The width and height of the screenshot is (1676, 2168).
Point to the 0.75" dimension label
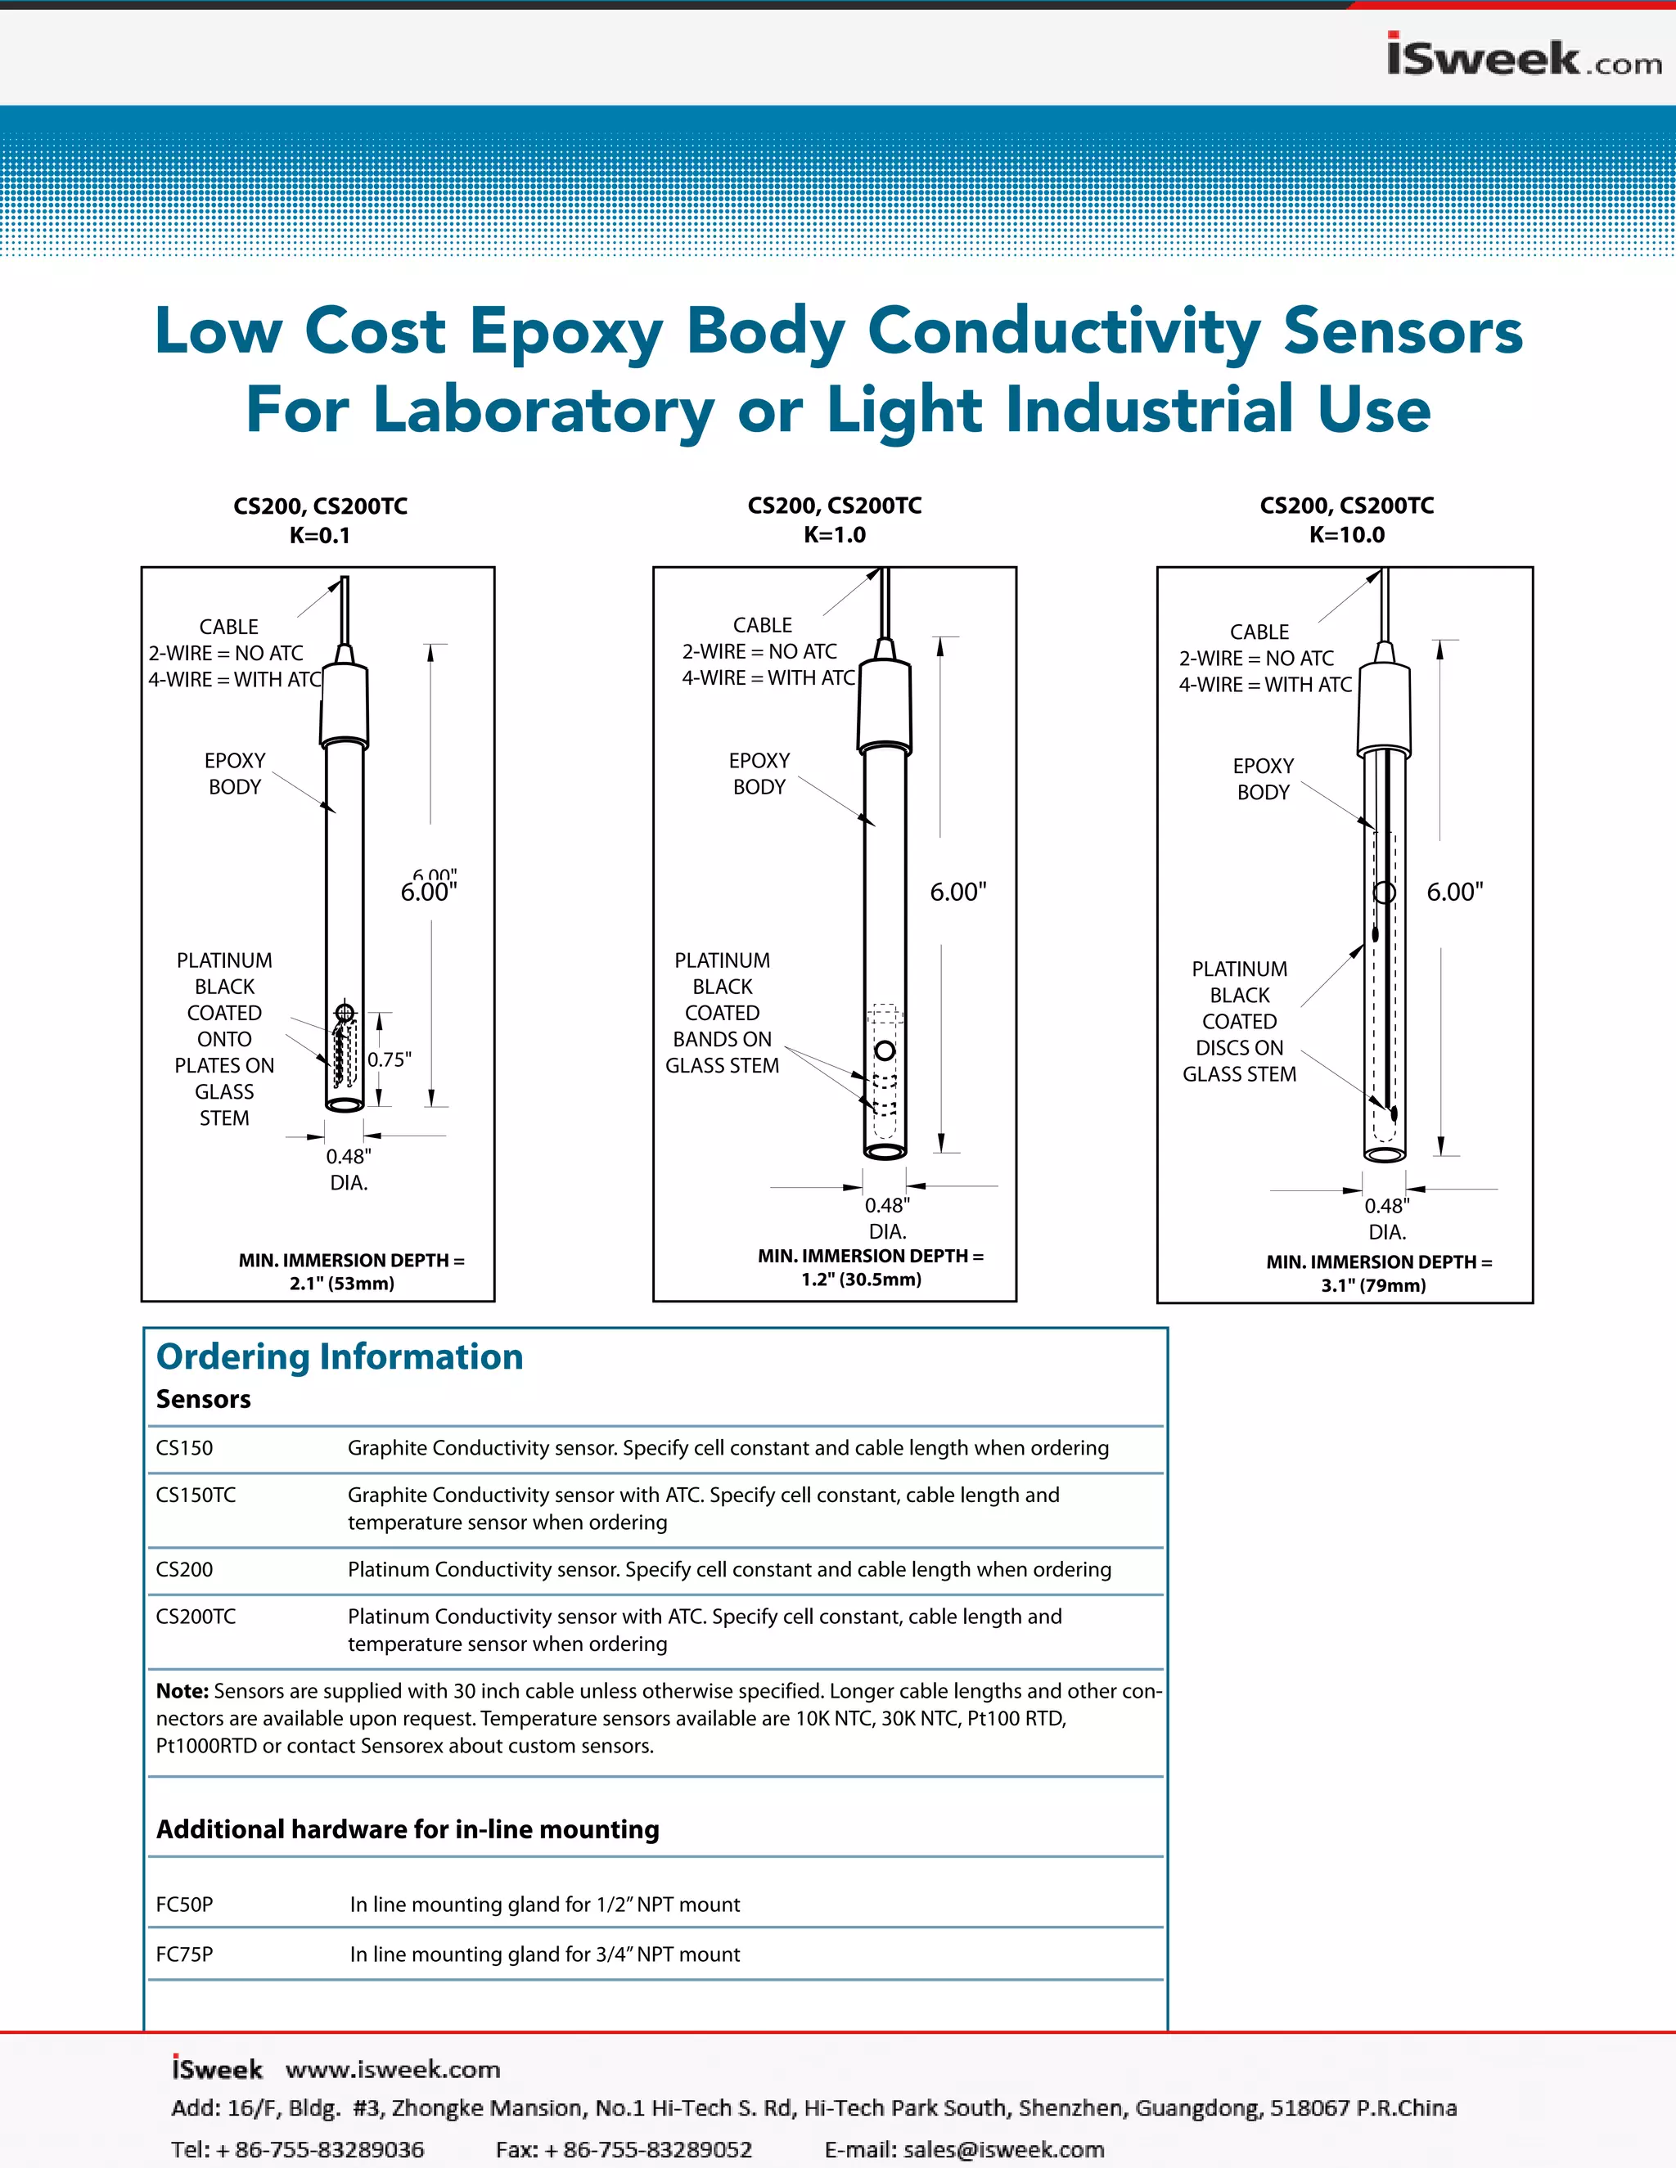(x=390, y=1060)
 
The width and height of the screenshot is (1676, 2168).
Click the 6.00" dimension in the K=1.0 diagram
(x=957, y=892)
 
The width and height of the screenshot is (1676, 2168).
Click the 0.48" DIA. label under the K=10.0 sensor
(x=1387, y=1218)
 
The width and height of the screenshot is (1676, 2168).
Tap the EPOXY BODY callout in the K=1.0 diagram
(x=759, y=773)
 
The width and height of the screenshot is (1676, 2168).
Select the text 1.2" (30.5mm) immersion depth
(x=861, y=1280)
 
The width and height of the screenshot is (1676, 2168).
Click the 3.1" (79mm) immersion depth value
(x=1373, y=1285)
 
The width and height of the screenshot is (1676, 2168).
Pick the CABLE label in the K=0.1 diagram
(x=228, y=627)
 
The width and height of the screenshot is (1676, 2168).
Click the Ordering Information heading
(x=340, y=1357)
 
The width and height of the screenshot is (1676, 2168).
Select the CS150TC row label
(x=196, y=1495)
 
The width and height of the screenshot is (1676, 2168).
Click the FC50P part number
(x=185, y=1904)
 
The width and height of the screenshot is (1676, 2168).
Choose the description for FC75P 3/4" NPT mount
(x=544, y=1954)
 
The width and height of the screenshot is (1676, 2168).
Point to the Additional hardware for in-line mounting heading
(x=407, y=1828)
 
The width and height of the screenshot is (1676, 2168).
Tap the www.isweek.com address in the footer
(x=392, y=2070)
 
